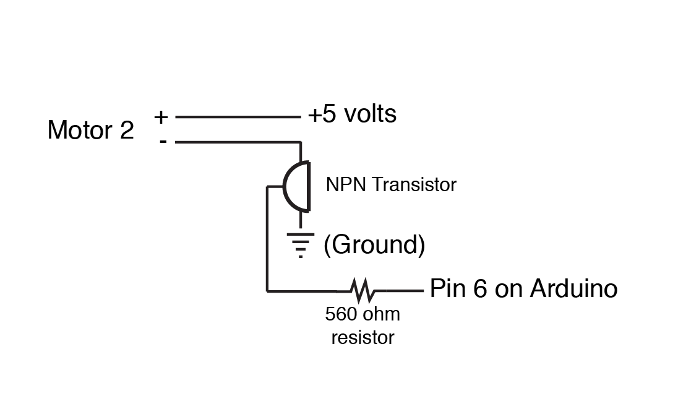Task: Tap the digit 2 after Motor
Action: click(x=127, y=130)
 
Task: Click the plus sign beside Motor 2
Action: click(x=161, y=117)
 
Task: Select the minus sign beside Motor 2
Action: click(x=163, y=142)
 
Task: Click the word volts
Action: click(x=371, y=114)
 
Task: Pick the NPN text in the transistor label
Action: click(x=346, y=185)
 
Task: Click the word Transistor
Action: click(x=414, y=185)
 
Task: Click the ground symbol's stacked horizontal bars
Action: click(x=301, y=245)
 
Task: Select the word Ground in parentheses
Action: click(x=374, y=245)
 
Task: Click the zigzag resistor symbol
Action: click(x=363, y=290)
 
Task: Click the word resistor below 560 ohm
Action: click(x=363, y=337)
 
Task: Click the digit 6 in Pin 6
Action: click(x=480, y=288)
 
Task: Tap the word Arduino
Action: click(x=574, y=288)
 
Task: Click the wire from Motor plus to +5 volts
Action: click(x=238, y=117)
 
